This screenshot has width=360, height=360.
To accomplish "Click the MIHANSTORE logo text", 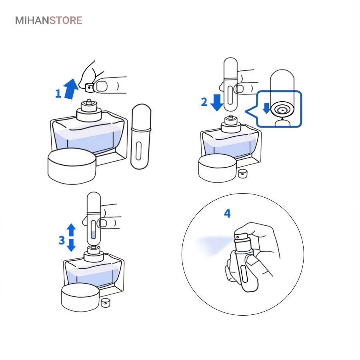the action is pos(48,20).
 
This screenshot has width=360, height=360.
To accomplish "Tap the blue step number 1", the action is pos(58,94).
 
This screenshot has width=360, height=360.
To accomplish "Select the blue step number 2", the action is pos(204,102).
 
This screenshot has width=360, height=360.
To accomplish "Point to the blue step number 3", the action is pos(62,240).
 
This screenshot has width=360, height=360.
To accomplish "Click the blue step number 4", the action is pos(227,213).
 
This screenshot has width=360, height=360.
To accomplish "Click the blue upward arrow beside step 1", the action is pos(71,89).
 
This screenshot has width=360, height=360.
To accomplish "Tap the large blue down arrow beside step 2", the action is pos(217,103).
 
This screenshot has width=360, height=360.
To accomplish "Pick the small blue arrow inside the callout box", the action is pos(266,108).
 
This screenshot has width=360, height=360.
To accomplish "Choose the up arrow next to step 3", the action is pos(71,230).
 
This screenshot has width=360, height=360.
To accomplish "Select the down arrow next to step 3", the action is pos(71,245).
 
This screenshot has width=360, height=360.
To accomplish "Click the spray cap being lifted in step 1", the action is pos(90,88).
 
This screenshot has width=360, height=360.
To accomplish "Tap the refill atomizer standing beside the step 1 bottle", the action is pos(141,137).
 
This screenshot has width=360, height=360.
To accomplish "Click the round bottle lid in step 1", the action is pos(72,166).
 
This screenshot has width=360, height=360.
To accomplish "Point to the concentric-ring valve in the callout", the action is pos(282,110).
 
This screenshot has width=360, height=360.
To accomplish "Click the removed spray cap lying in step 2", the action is pos(243,174).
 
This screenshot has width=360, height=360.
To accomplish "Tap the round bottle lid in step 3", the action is pos(80,297).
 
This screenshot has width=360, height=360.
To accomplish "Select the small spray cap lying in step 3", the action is pos(105,303).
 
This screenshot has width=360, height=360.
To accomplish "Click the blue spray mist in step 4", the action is pos(212,244).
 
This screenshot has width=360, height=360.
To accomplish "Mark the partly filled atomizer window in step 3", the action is pos(93,230).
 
